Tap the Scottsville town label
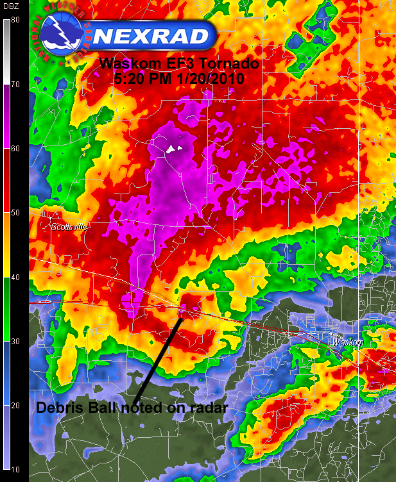69,226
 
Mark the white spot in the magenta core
171,149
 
